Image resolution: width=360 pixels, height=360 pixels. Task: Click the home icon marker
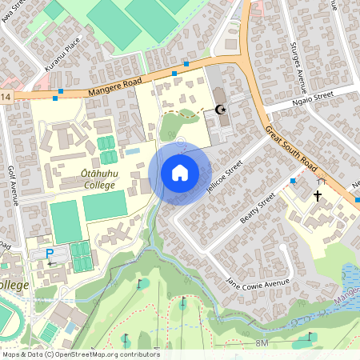tap(180, 172)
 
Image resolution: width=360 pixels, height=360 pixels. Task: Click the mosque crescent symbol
tap(221, 110)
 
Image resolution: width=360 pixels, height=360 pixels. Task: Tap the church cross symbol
tap(318, 194)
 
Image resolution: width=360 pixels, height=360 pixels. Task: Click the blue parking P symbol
tap(49, 254)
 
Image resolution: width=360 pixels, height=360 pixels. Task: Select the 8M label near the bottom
tap(262, 342)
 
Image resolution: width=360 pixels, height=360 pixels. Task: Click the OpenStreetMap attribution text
tap(81, 354)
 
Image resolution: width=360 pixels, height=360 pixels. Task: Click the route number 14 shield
tap(6, 98)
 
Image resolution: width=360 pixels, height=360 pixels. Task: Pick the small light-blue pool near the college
tap(133, 150)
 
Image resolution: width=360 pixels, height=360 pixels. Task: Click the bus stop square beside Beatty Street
tap(293, 182)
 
